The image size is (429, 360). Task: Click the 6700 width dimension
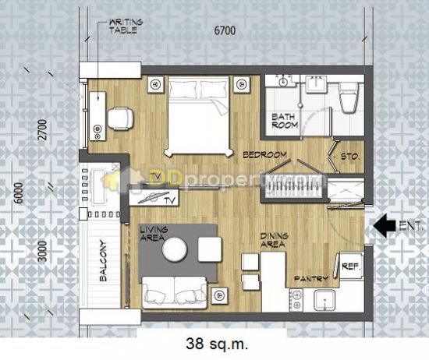pos(225,30)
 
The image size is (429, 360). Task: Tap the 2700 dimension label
pos(42,130)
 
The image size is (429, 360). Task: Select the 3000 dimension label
pos(42,251)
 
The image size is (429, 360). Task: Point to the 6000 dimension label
pos(19,193)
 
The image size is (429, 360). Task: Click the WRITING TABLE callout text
pos(126,26)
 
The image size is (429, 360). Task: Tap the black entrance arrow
pos(385,225)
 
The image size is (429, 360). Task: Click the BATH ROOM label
pos(285,121)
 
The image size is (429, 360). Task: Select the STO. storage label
pos(350,157)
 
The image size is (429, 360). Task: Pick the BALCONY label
pos(103,260)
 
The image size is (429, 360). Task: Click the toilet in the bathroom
pos(349,97)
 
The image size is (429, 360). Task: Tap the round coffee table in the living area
pos(175,250)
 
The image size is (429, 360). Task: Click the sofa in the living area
pos(174,292)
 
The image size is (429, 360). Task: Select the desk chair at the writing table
pos(121,118)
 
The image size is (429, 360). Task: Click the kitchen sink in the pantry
pos(324,301)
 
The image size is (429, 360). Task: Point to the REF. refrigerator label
pos(351,266)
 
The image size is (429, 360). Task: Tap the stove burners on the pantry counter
pos(296,300)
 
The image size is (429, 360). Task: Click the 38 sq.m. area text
pos(218,344)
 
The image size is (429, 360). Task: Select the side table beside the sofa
pos(219,295)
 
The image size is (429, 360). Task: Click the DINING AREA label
pos(274,240)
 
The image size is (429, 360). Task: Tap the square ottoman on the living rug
pos(210,249)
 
